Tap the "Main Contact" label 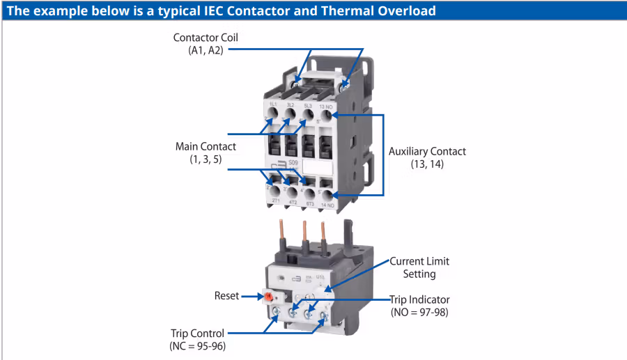[206, 147]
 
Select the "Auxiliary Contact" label [427, 151]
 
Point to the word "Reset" [226, 296]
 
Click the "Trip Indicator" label [419, 299]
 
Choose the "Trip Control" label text [198, 333]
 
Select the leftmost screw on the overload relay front [277, 312]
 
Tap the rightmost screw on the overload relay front [323, 316]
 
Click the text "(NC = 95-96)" [197, 346]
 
